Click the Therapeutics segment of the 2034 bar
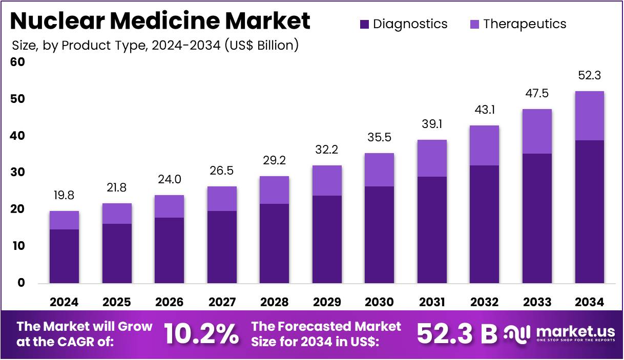coord(590,116)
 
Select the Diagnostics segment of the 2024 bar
coord(64,257)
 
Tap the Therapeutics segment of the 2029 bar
coord(327,180)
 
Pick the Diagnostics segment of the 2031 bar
coord(432,230)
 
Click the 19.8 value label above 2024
coord(64,196)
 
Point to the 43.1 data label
coord(485,110)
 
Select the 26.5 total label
coord(221,171)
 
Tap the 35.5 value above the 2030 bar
coord(380,137)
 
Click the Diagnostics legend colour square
coord(364,24)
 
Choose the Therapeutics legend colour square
coord(474,24)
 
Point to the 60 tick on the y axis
coord(17,62)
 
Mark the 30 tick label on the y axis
coord(17,173)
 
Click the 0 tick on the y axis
coord(21,283)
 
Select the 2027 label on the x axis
coord(222,302)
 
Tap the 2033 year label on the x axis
coord(537,302)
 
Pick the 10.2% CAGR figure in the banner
coord(201,334)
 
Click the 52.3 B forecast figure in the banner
coord(457,334)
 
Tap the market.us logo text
coord(575,331)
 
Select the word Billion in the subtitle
coord(276,46)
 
